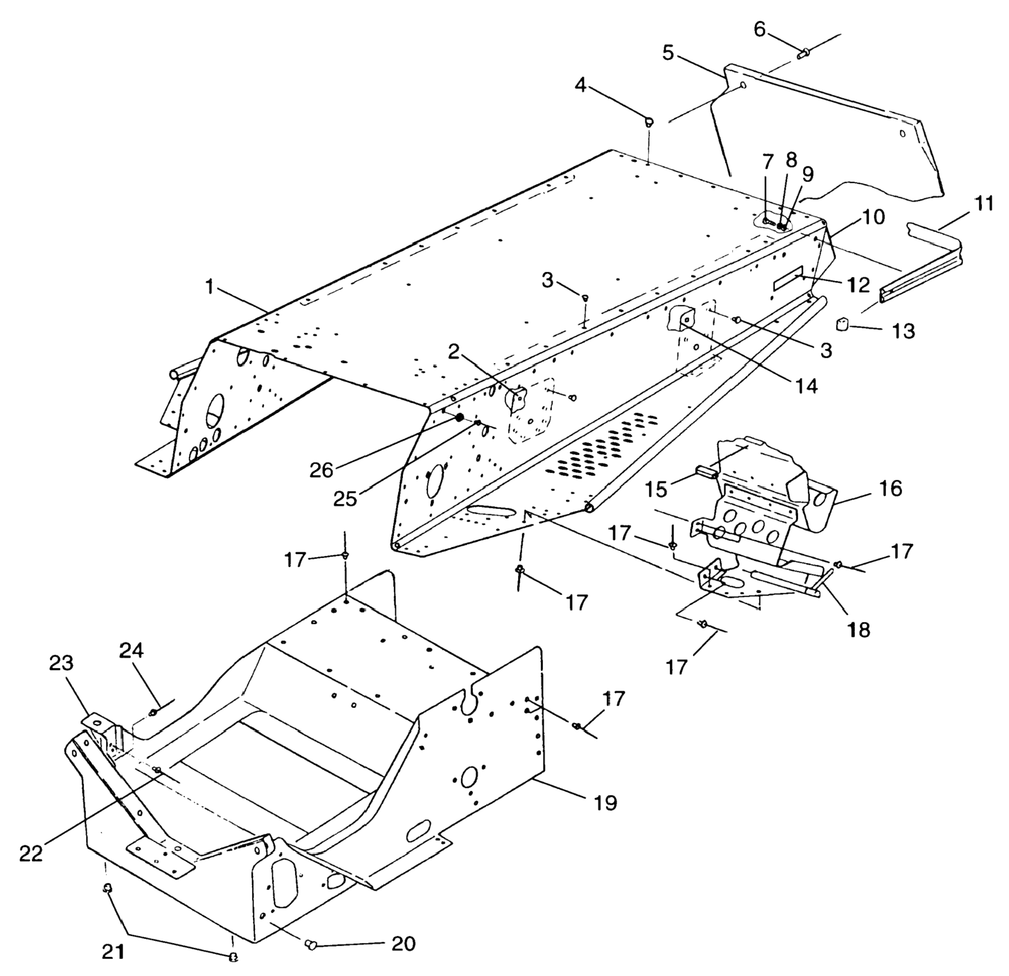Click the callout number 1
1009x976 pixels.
tap(209, 288)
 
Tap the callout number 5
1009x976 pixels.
tap(668, 53)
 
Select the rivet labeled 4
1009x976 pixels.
tap(649, 122)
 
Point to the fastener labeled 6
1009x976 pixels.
tap(804, 53)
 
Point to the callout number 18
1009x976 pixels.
tap(858, 629)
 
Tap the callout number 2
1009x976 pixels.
tap(453, 351)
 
